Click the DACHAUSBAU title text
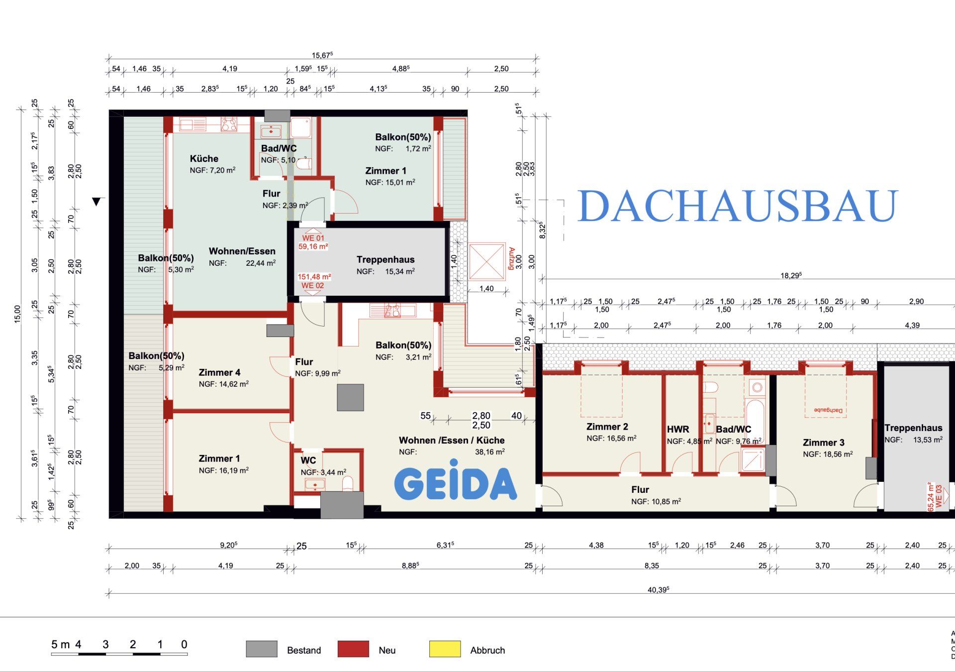coord(738,206)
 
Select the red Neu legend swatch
coord(353,649)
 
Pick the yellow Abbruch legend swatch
coord(445,649)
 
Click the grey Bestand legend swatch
coord(262,649)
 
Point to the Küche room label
coord(204,159)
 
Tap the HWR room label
coord(678,429)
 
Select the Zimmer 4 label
coord(219,372)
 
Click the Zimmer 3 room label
coord(823,443)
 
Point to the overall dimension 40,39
coord(658,590)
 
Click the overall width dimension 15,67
coord(322,55)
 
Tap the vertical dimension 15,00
coord(18,314)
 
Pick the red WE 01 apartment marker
coord(313,238)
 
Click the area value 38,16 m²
coord(489,452)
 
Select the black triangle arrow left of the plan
coord(96,202)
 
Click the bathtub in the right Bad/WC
coord(755,421)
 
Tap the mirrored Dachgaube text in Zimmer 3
coord(828,410)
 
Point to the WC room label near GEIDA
coord(308,460)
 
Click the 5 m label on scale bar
coord(60,645)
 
